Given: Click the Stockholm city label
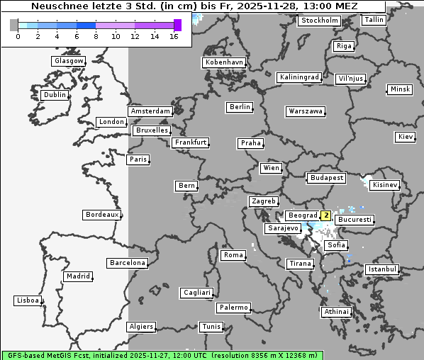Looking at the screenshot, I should pyautogui.click(x=319, y=21).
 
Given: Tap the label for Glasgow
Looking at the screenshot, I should pyautogui.click(x=69, y=61).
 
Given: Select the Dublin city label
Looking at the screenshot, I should pyautogui.click(x=55, y=95).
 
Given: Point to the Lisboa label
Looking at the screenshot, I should pyautogui.click(x=28, y=300).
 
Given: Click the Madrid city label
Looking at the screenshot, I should pyautogui.click(x=77, y=276).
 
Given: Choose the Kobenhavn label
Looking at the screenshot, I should pyautogui.click(x=224, y=62).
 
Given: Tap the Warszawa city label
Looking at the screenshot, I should pyautogui.click(x=306, y=111).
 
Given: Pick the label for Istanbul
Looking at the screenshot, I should pyautogui.click(x=382, y=269).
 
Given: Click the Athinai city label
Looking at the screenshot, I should pyautogui.click(x=336, y=312).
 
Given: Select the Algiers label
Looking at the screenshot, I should pyautogui.click(x=140, y=327).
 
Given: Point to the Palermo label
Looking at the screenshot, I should pyautogui.click(x=233, y=308).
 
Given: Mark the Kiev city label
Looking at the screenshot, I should pyautogui.click(x=406, y=136).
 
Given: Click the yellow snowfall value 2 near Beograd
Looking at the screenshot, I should pyautogui.click(x=325, y=215).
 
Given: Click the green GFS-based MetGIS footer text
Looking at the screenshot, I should pyautogui.click(x=162, y=355).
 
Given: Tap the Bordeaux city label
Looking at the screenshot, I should pyautogui.click(x=101, y=215).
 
